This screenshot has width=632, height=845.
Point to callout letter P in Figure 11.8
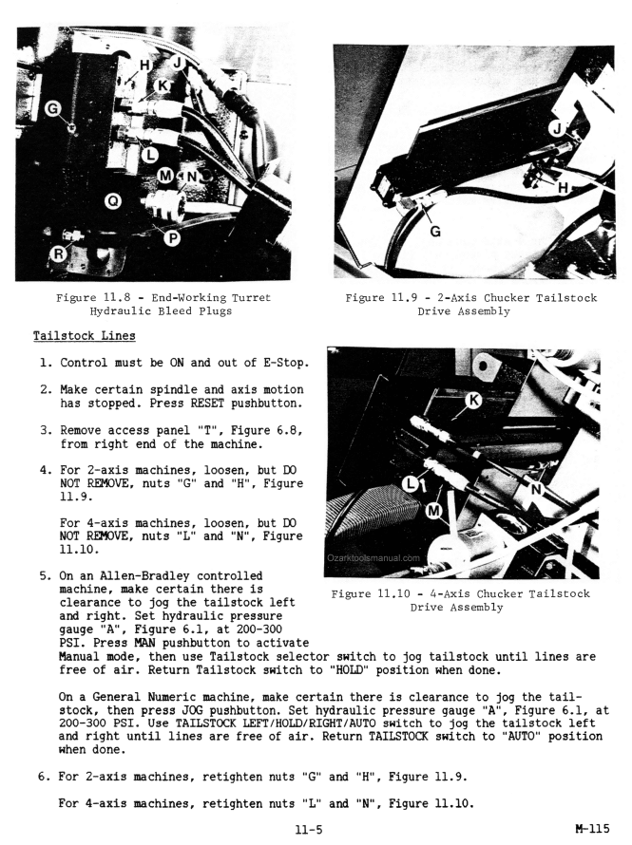(x=172, y=237)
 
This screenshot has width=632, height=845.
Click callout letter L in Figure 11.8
(x=147, y=152)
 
